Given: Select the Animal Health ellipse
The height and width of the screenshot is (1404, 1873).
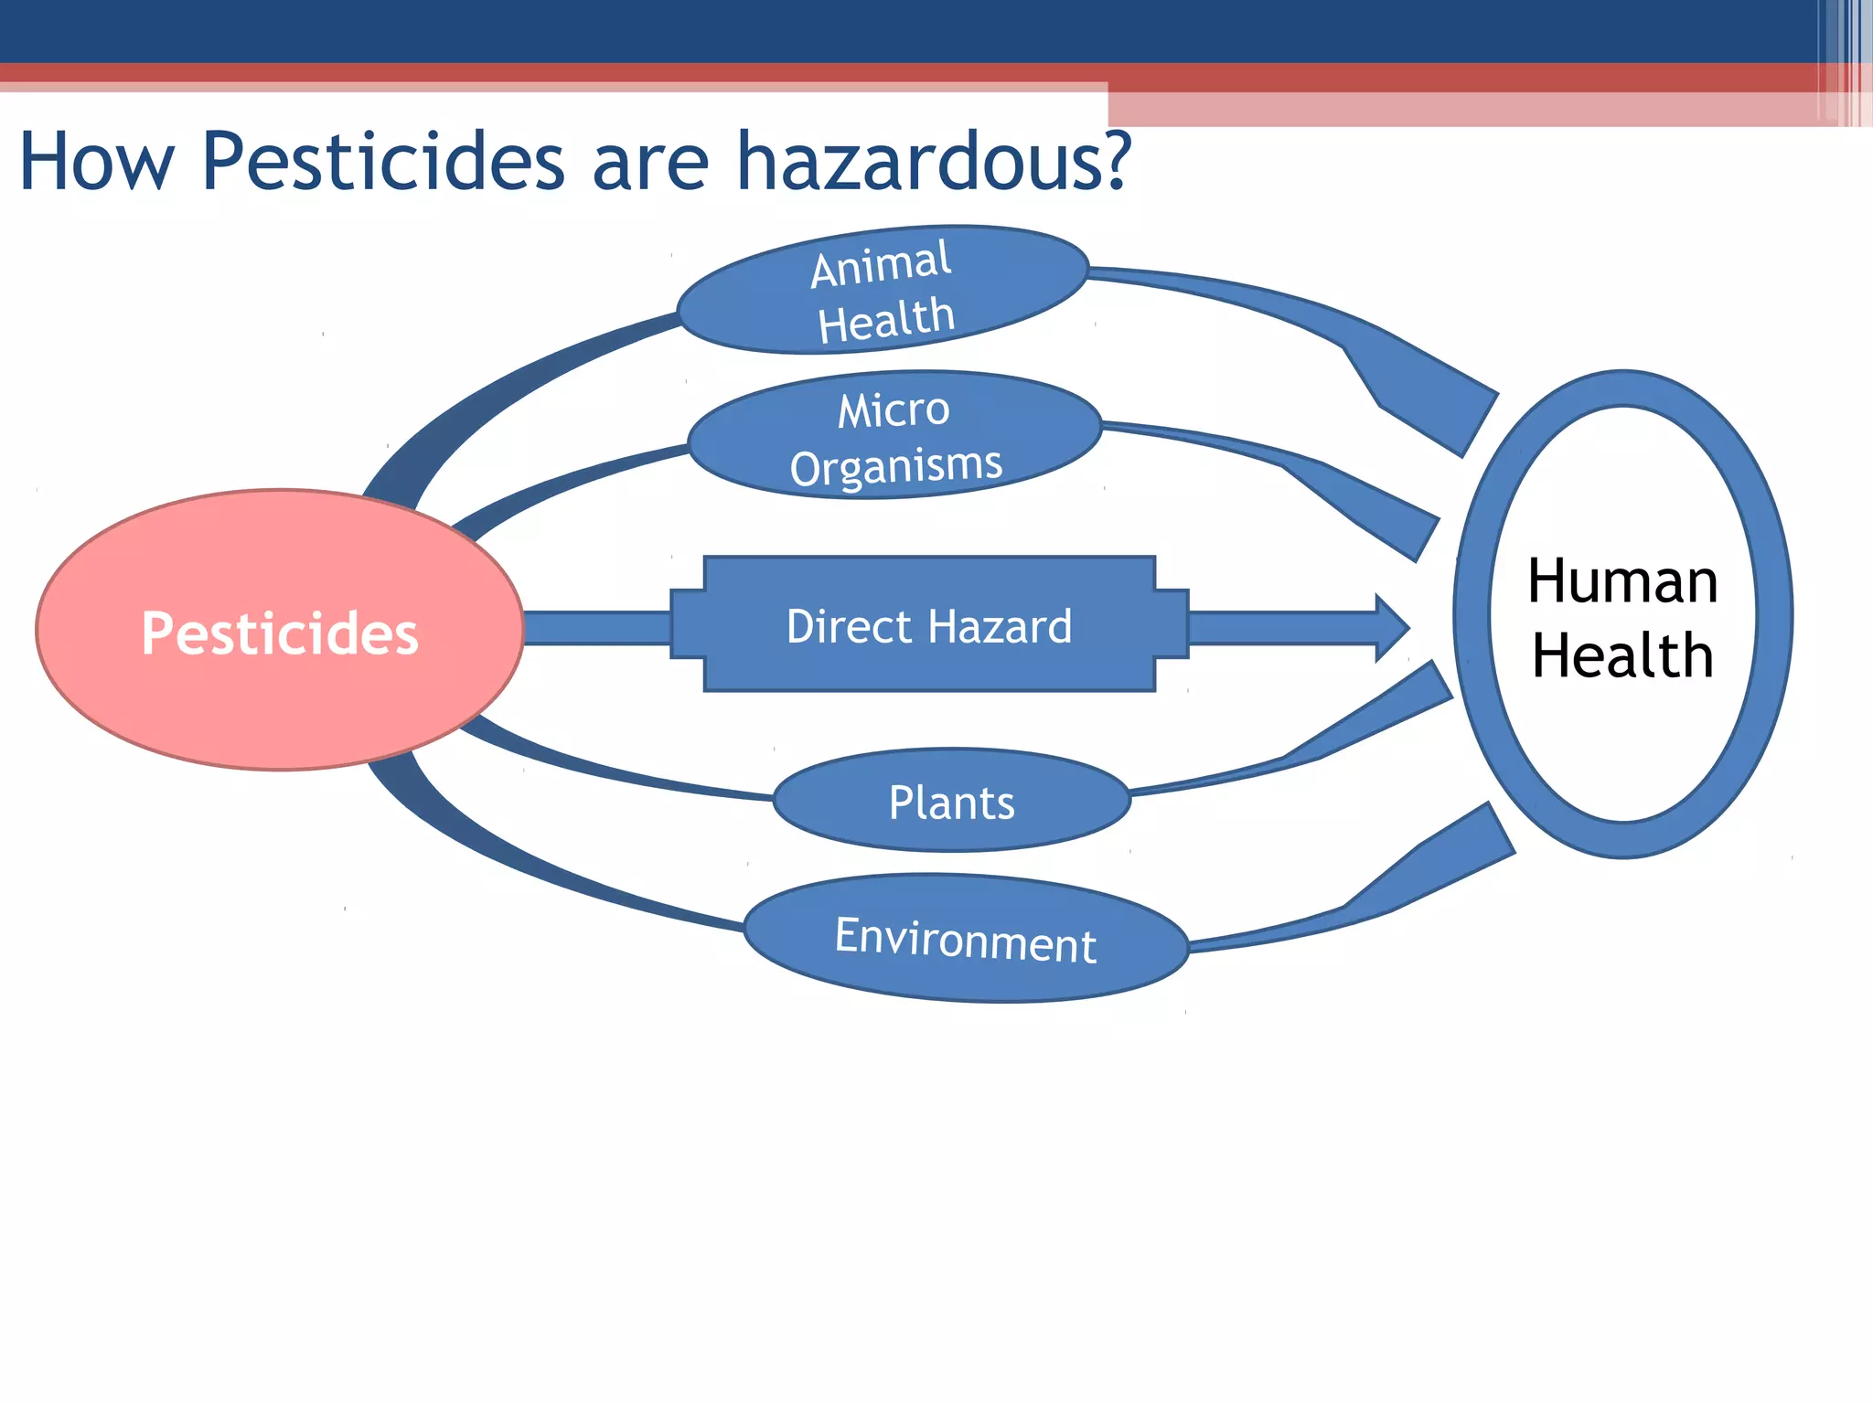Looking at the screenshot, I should click(x=883, y=291).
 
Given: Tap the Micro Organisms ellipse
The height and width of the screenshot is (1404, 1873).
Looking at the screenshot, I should click(x=894, y=435).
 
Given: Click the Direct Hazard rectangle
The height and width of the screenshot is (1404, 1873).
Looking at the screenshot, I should click(x=928, y=625).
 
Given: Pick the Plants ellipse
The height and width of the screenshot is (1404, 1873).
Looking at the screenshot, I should click(x=951, y=801).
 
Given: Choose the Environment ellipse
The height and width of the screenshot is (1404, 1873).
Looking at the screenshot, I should click(x=965, y=939).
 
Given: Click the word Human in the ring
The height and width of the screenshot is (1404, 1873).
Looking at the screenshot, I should click(x=1622, y=581).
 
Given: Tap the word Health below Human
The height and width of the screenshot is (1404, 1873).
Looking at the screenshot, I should click(x=1622, y=655).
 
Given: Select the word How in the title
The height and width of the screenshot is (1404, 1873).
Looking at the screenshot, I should click(x=96, y=163).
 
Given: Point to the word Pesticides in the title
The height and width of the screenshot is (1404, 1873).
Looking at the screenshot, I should click(x=382, y=163).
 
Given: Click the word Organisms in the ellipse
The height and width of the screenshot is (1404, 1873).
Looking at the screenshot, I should click(x=896, y=466).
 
